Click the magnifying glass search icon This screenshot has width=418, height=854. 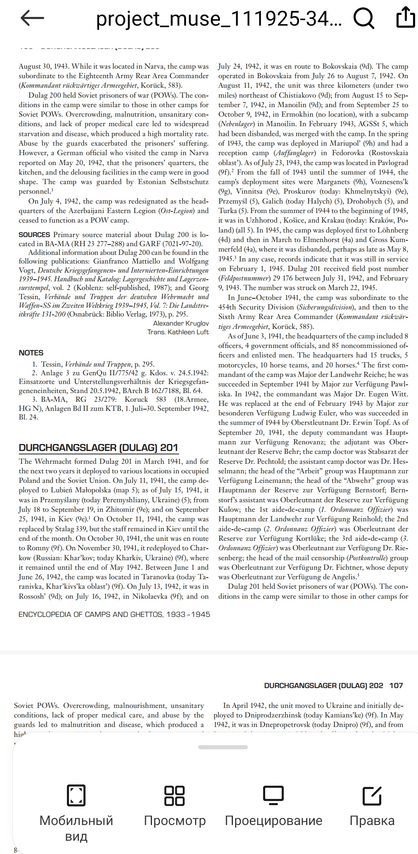[x=363, y=18]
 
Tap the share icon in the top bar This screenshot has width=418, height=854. [x=405, y=17]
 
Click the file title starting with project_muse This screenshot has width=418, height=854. [x=219, y=19]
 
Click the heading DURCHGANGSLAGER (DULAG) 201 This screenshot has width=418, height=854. [x=98, y=448]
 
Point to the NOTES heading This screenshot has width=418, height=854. [x=31, y=353]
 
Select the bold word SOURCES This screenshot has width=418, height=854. [x=34, y=235]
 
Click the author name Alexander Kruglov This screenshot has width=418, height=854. [x=181, y=323]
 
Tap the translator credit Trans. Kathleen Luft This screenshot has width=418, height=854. [x=178, y=332]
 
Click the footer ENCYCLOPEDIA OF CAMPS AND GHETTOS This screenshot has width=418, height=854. [x=114, y=614]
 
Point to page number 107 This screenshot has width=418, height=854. [x=396, y=686]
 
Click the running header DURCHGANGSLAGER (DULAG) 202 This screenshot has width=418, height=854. [x=323, y=686]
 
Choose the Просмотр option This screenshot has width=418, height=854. [x=175, y=804]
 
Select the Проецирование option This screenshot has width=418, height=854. [x=273, y=804]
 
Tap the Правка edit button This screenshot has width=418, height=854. [x=372, y=804]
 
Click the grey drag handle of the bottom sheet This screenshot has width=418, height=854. [x=223, y=747]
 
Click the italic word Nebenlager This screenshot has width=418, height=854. [x=236, y=124]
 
